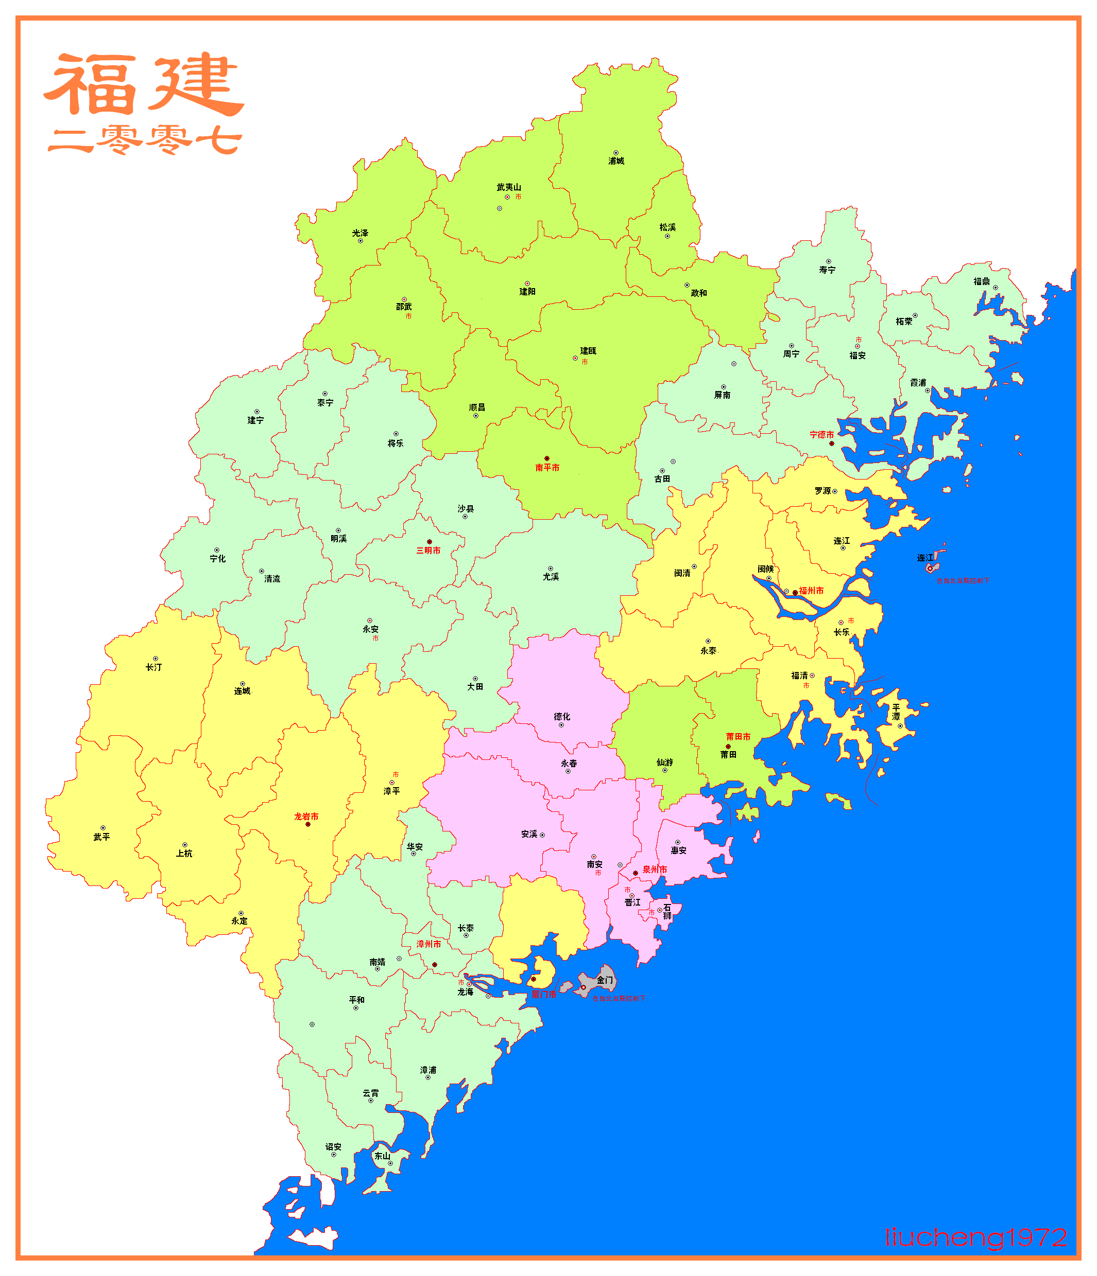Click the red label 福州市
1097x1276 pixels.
pos(811,591)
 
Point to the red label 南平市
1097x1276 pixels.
pos(547,468)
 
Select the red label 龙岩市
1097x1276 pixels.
pos(306,817)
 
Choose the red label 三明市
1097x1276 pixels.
pos(428,551)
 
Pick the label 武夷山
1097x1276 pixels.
pos(509,187)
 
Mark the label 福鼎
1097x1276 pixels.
pos(982,281)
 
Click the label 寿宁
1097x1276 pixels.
pos(827,270)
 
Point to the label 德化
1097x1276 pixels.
pos(562,717)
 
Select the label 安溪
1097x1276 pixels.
pos(529,835)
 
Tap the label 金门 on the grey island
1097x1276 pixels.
pos(605,980)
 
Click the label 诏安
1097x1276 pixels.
pos(333,1147)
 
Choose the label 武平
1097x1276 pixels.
pos(101,837)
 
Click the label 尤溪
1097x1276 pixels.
pos(551,577)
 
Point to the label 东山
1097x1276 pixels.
pos(382,1156)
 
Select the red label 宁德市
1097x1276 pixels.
pos(821,435)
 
